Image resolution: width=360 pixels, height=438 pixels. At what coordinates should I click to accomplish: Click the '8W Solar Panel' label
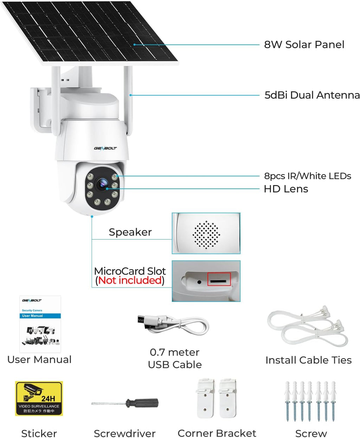pos(304,45)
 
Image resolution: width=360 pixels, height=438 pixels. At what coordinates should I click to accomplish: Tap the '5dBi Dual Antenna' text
pos(312,95)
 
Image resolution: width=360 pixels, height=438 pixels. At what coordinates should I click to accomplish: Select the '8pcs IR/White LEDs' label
pos(308,176)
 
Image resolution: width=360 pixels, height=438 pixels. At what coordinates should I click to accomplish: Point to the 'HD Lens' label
pos(286,189)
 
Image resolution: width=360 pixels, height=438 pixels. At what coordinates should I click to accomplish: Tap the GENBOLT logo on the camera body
pos(105,148)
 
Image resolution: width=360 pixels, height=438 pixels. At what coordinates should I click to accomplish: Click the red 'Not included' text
pos(130,280)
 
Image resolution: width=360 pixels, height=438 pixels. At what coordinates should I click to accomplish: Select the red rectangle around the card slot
pos(219,279)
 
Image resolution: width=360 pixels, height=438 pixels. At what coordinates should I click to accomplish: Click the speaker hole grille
pos(206,235)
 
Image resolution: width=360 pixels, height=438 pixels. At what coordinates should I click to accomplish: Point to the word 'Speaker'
pos(130,232)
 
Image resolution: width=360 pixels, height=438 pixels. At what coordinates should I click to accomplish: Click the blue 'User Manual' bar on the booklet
pos(40,316)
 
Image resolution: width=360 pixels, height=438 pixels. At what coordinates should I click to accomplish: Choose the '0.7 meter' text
pos(174,352)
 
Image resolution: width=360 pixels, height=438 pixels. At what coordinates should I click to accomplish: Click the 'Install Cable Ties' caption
pos(308,360)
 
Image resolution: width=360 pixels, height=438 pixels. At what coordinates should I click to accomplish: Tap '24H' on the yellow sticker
pos(48,399)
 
